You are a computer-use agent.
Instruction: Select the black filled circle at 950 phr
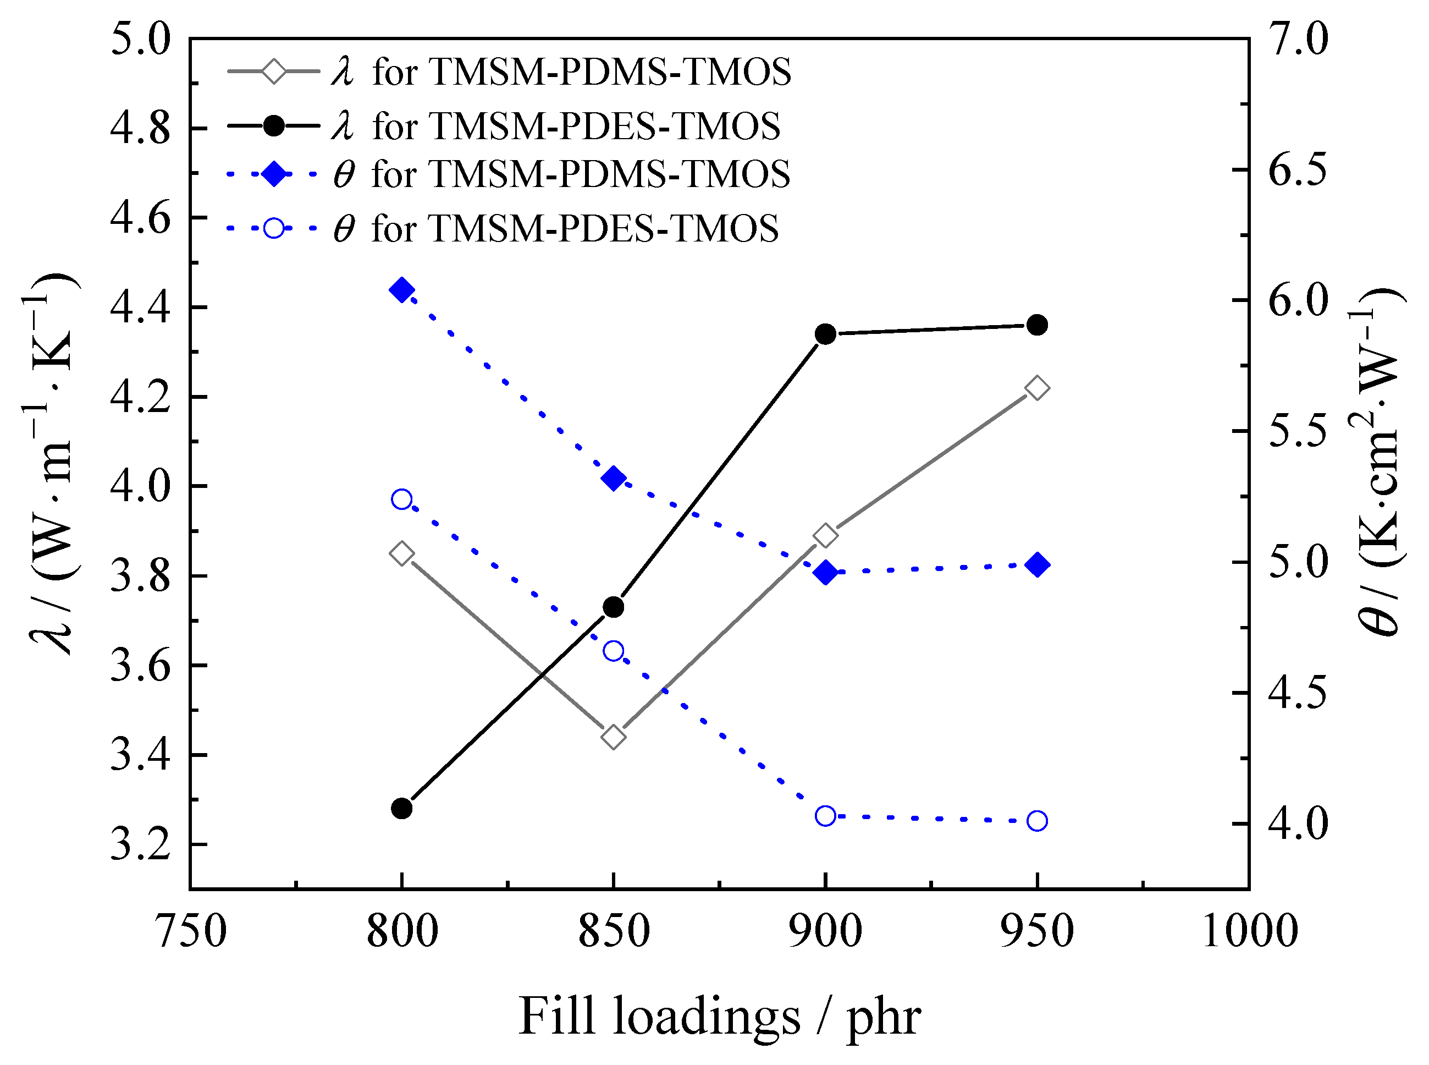pyautogui.click(x=1036, y=325)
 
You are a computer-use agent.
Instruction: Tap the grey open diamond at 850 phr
pyautogui.click(x=614, y=736)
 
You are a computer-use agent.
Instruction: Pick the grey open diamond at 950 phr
pyautogui.click(x=1036, y=388)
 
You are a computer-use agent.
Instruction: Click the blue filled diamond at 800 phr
pyautogui.click(x=401, y=290)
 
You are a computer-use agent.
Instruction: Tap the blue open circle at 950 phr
pyautogui.click(x=1036, y=821)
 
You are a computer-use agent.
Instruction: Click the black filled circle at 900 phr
pyautogui.click(x=825, y=334)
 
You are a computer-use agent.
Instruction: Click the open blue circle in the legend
pyautogui.click(x=274, y=228)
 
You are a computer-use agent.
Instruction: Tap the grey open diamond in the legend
pyautogui.click(x=274, y=71)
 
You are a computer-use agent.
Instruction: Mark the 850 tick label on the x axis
pyautogui.click(x=614, y=931)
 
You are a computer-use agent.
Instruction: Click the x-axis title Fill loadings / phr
pyautogui.click(x=719, y=1017)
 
